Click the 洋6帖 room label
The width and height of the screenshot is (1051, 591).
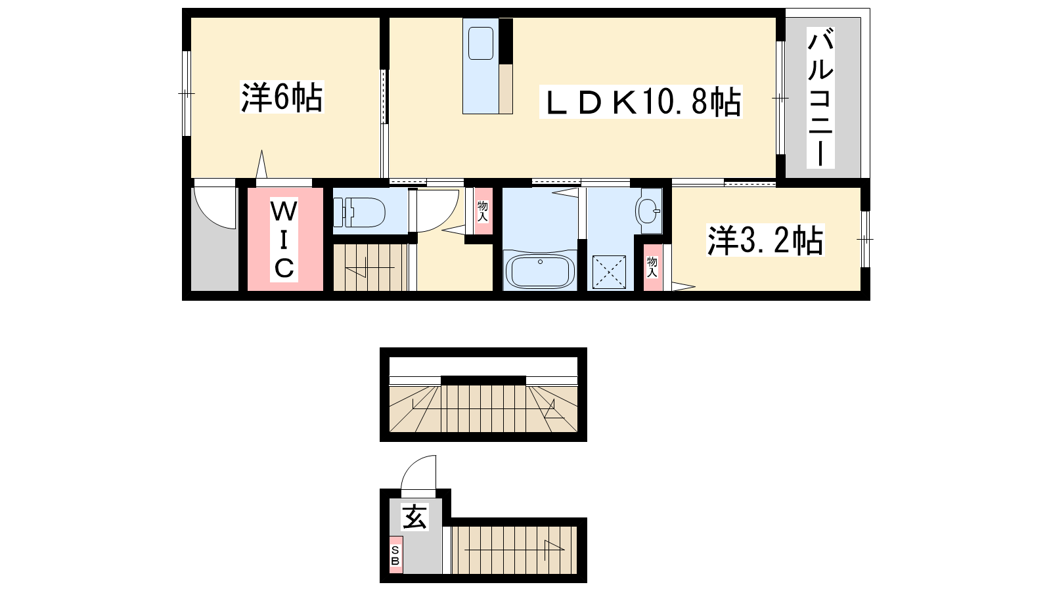pos(282,97)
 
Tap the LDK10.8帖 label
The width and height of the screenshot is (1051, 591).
pos(641,102)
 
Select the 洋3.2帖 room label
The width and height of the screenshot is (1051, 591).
pos(765,240)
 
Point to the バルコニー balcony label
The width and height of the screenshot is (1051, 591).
pos(820,98)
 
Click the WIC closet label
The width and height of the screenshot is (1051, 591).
pos(284,239)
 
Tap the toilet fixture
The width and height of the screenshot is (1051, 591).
pos(359,212)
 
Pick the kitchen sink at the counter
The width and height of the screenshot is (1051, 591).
pos(481,43)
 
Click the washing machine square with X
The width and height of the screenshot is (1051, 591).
pos(609,272)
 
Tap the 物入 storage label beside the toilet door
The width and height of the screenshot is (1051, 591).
pos(483,211)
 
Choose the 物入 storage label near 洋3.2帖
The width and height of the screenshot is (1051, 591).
pos(652,267)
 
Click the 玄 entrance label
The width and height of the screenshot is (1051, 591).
pos(415,516)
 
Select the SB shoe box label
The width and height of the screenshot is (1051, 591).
pos(395,556)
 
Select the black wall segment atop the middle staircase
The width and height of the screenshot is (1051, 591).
pos(483,380)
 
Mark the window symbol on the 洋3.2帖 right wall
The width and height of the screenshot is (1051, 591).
pos(864,239)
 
